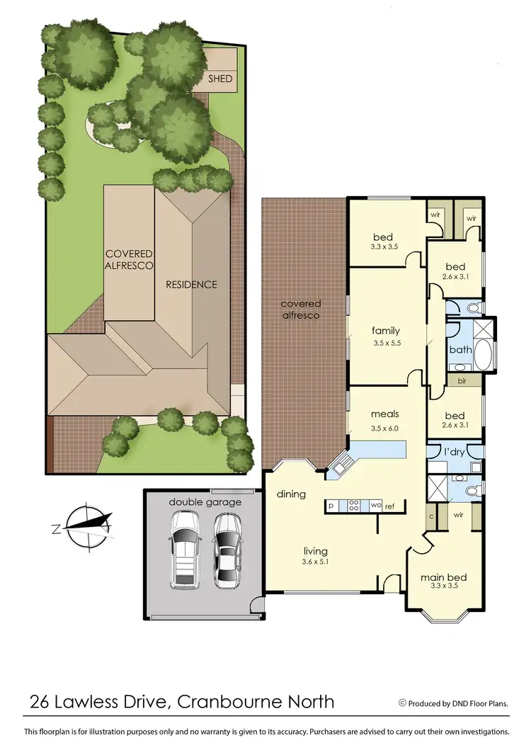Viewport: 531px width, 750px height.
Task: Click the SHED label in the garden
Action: [x=219, y=79]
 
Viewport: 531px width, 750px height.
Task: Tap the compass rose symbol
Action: [x=86, y=525]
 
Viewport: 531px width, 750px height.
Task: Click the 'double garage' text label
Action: [x=205, y=502]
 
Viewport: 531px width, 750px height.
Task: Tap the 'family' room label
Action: [x=386, y=330]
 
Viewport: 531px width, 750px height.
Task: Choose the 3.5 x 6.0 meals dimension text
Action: [x=386, y=428]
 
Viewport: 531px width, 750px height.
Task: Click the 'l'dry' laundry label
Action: [x=452, y=451]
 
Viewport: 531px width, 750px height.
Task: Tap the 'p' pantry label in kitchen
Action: [x=331, y=506]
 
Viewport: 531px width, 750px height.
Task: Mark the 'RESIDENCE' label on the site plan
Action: [x=191, y=285]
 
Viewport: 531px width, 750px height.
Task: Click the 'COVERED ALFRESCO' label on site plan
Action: [x=130, y=260]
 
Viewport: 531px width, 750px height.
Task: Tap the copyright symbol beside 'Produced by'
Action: [x=402, y=703]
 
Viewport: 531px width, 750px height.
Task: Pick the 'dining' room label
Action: [x=291, y=494]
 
